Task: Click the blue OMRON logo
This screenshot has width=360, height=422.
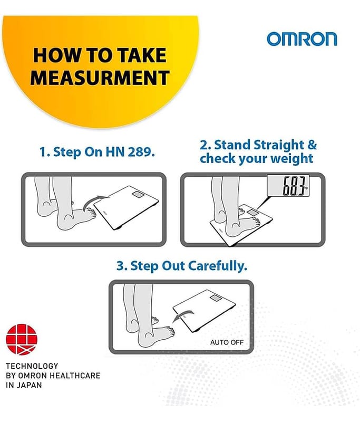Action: (301, 39)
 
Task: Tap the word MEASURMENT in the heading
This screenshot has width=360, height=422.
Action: (100, 78)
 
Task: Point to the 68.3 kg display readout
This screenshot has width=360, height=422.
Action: (288, 185)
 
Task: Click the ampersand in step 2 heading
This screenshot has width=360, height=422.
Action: (312, 145)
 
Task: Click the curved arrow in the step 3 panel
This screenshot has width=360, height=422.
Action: (183, 315)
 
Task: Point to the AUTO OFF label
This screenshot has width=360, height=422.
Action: (227, 342)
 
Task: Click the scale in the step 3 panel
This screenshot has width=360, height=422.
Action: (205, 311)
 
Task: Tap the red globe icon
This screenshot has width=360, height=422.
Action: (22, 339)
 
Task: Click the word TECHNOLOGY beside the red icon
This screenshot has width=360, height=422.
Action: (32, 366)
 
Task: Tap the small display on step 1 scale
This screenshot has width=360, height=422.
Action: (138, 194)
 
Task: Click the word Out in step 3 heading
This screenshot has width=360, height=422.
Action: (173, 266)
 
